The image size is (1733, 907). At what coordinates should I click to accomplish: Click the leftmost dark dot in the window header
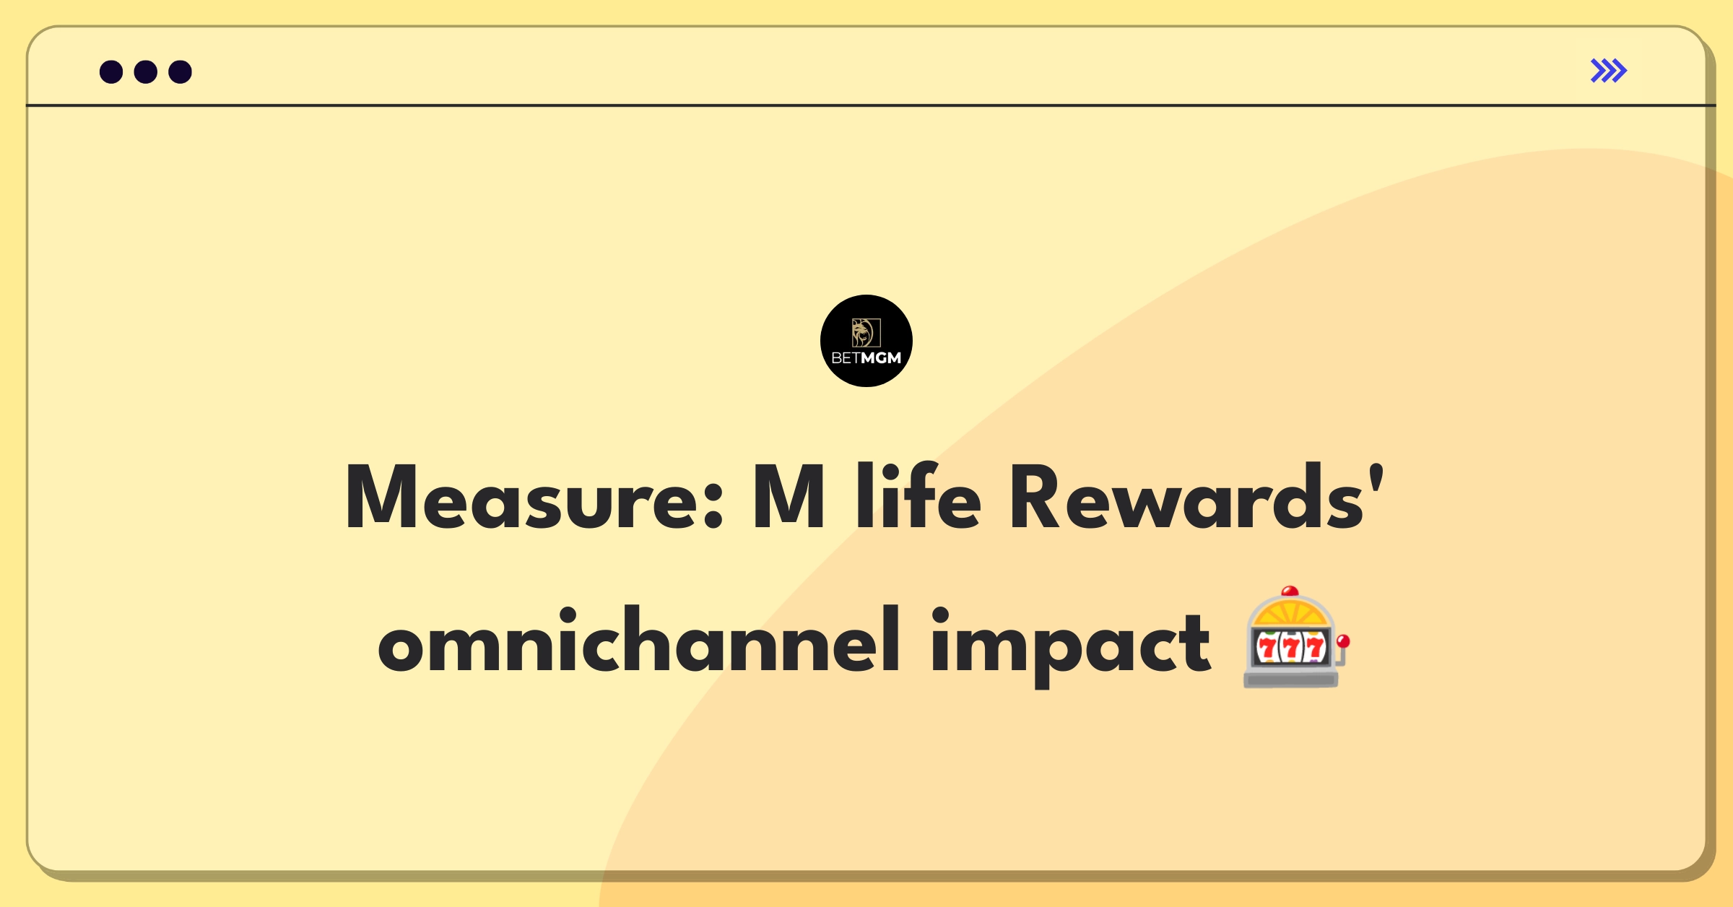point(111,71)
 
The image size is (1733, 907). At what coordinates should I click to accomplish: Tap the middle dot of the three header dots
point(146,71)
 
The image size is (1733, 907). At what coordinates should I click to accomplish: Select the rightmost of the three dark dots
point(180,71)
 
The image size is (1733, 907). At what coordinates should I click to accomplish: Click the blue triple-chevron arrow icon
point(1609,71)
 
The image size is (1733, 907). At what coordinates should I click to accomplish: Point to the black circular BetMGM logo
point(866,341)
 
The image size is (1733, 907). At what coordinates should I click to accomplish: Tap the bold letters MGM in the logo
point(882,358)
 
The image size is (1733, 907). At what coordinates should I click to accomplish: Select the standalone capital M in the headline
point(789,497)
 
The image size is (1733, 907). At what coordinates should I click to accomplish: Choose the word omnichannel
point(640,640)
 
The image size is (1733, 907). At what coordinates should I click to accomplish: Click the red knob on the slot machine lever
point(1343,641)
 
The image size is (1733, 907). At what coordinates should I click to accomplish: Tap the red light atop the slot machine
point(1290,591)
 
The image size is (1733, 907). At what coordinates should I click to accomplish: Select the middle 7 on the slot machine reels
point(1292,648)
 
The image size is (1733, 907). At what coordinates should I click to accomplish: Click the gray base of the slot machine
point(1291,678)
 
